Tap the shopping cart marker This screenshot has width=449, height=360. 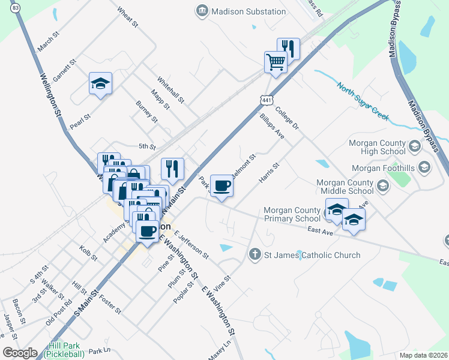(276, 61)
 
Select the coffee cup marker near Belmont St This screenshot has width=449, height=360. (221, 185)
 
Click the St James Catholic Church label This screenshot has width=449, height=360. (312, 255)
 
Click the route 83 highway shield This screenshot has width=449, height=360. (15, 7)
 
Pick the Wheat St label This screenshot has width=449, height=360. (128, 17)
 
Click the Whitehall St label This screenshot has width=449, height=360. (170, 89)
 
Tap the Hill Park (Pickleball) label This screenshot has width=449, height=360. (67, 350)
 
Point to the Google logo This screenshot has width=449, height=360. (20, 353)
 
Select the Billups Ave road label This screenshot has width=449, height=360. (272, 125)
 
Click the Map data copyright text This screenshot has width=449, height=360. (423, 355)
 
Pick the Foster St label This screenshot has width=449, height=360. (110, 304)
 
